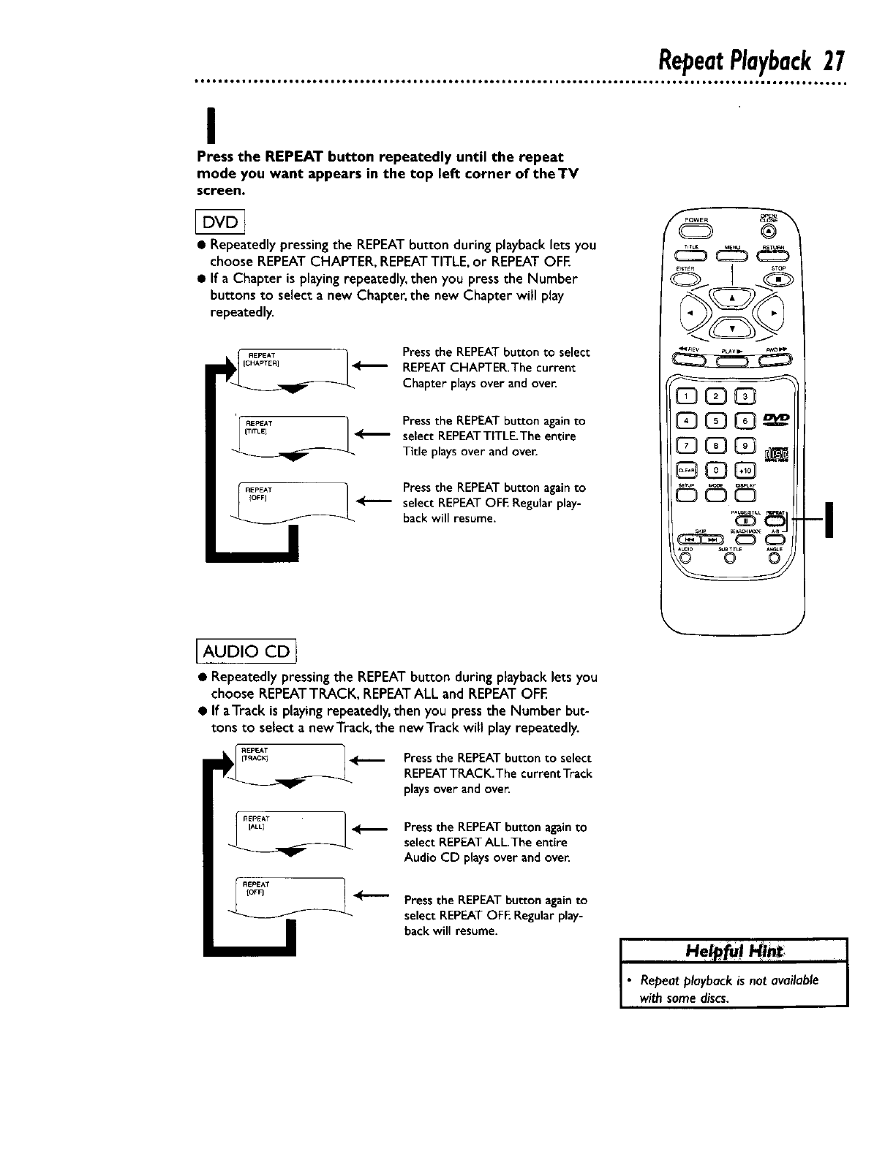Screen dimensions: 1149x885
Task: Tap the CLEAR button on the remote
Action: pos(688,472)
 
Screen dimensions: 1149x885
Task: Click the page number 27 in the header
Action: pos(833,58)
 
